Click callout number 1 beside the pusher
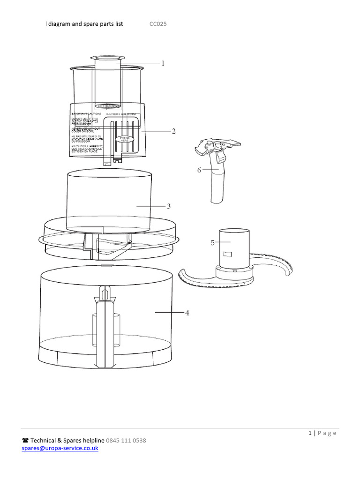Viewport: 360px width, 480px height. point(163,63)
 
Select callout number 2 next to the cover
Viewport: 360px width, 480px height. point(173,132)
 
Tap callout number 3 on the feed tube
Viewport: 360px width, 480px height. point(168,206)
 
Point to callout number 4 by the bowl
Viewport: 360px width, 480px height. point(187,313)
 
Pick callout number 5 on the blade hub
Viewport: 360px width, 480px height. point(212,242)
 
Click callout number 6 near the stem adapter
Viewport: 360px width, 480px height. point(199,170)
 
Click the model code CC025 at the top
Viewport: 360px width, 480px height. point(158,24)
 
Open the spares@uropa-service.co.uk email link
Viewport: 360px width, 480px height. point(60,448)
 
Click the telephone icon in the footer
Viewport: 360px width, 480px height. point(25,441)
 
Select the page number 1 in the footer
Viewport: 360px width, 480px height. point(310,433)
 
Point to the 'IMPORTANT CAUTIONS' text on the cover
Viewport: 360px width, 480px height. point(87,114)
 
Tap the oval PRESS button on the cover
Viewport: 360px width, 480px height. point(124,139)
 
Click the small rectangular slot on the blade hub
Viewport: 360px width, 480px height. point(228,254)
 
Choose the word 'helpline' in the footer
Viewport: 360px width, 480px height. point(92,441)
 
